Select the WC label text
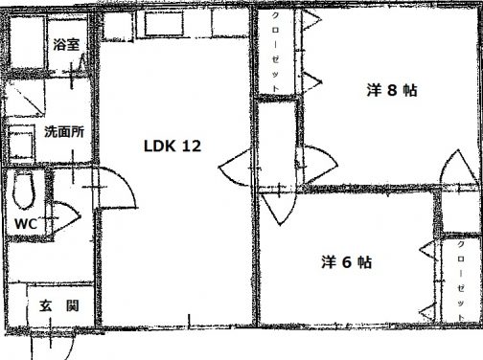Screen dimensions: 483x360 (x=27, y=225)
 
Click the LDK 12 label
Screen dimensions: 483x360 (x=172, y=146)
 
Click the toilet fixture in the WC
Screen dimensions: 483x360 (x=24, y=191)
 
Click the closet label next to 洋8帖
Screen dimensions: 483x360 (x=277, y=53)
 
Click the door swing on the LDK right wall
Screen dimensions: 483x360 (x=235, y=171)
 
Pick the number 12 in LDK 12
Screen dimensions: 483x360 (x=191, y=146)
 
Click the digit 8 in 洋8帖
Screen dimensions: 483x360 (x=393, y=91)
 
